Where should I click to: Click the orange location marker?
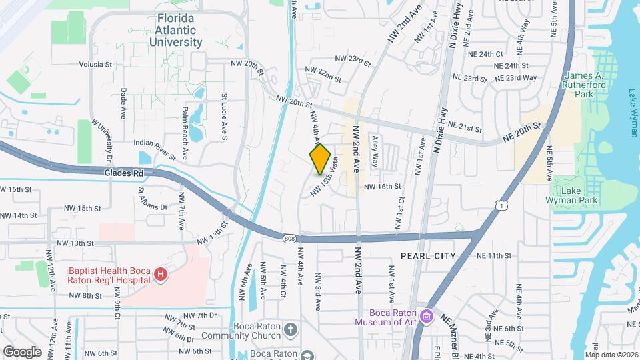click(x=321, y=159)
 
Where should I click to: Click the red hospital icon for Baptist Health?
click(x=159, y=273)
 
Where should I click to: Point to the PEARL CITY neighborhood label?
click(x=427, y=256)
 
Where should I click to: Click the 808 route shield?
click(x=288, y=237)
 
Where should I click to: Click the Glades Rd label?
click(x=124, y=173)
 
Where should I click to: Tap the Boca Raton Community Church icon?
click(x=290, y=329)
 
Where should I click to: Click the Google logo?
click(x=22, y=351)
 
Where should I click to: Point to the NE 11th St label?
click(x=493, y=256)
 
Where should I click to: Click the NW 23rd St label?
click(x=354, y=60)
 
